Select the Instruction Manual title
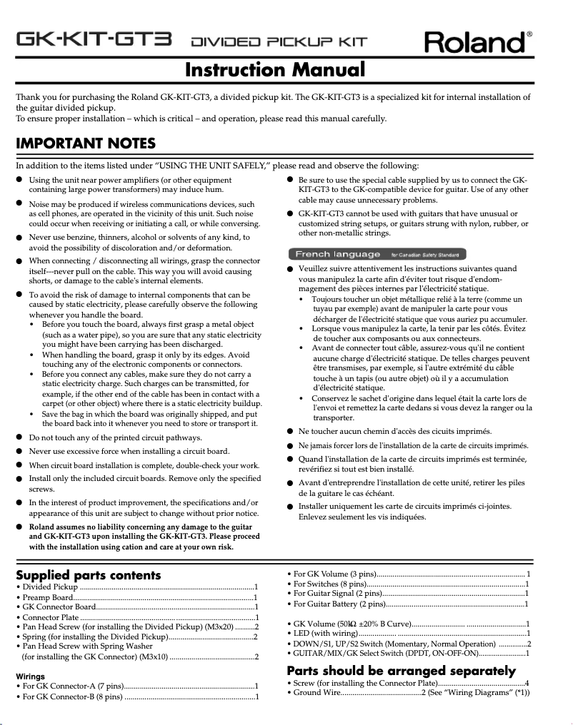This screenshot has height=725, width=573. click(275, 70)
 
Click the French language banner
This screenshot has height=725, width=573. click(377, 254)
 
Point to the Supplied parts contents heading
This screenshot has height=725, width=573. click(89, 575)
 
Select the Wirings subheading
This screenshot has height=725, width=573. click(30, 676)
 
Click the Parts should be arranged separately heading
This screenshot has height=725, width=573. click(401, 671)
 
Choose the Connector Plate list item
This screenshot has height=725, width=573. click(48, 617)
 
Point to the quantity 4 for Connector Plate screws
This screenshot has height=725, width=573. click(527, 683)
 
